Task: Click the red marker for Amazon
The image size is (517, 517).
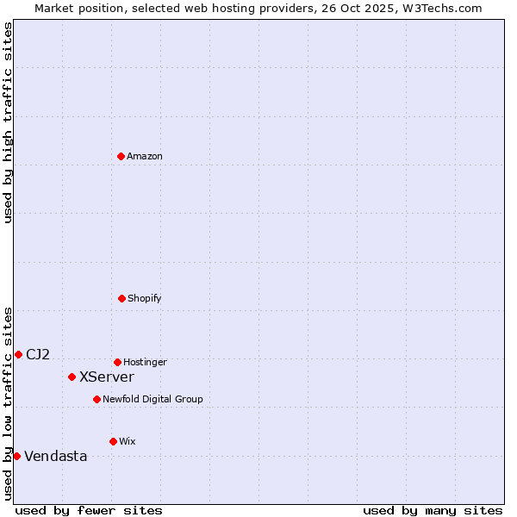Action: pyautogui.click(x=121, y=156)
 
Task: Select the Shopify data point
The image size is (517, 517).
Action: pyautogui.click(x=121, y=298)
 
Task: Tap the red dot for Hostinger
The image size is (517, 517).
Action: pyautogui.click(x=117, y=362)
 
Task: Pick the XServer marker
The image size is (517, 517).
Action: pyautogui.click(x=72, y=377)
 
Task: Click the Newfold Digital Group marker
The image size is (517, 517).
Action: pyautogui.click(x=97, y=399)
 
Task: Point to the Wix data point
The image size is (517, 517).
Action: pyautogui.click(x=113, y=441)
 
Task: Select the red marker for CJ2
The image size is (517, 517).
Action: pyautogui.click(x=18, y=354)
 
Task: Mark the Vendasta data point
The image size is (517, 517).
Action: pyautogui.click(x=16, y=456)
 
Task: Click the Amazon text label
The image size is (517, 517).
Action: pyautogui.click(x=145, y=156)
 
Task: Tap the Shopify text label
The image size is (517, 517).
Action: pyautogui.click(x=145, y=298)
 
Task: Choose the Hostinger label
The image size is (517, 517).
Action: pyautogui.click(x=145, y=362)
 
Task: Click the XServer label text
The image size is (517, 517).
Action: pyautogui.click(x=107, y=377)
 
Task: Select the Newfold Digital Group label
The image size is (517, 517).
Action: pyautogui.click(x=153, y=399)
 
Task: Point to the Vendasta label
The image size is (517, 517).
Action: pyautogui.click(x=56, y=456)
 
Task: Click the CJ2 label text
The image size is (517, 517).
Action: pyautogui.click(x=38, y=354)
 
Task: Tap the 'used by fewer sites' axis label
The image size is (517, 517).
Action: pyautogui.click(x=89, y=510)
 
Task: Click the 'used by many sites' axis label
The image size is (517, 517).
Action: pyautogui.click(x=433, y=510)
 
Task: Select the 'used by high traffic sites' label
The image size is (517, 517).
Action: pyautogui.click(x=8, y=122)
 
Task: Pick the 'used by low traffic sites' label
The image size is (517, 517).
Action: pyautogui.click(x=8, y=403)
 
